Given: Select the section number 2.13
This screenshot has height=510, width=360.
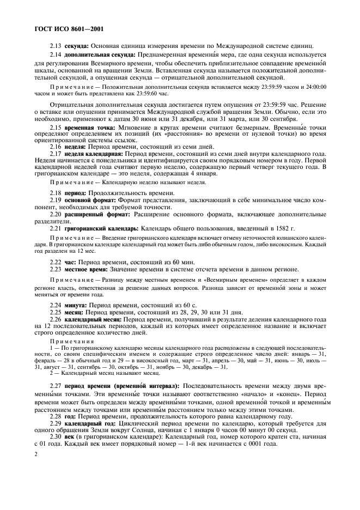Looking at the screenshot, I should tap(56, 45).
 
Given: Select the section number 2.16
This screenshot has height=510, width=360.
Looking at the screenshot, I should tap(56, 147).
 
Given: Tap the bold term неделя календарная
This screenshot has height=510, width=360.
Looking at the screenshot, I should tap(93, 154).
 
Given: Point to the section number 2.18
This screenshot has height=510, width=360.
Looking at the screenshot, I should tap(56, 193).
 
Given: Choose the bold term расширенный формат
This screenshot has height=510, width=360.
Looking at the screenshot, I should tap(94, 214).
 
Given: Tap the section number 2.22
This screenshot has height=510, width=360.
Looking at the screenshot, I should tap(56, 262).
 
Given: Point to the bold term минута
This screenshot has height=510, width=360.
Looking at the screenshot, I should tap(76, 305).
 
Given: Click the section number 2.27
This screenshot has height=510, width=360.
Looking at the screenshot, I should tap(56, 386).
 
